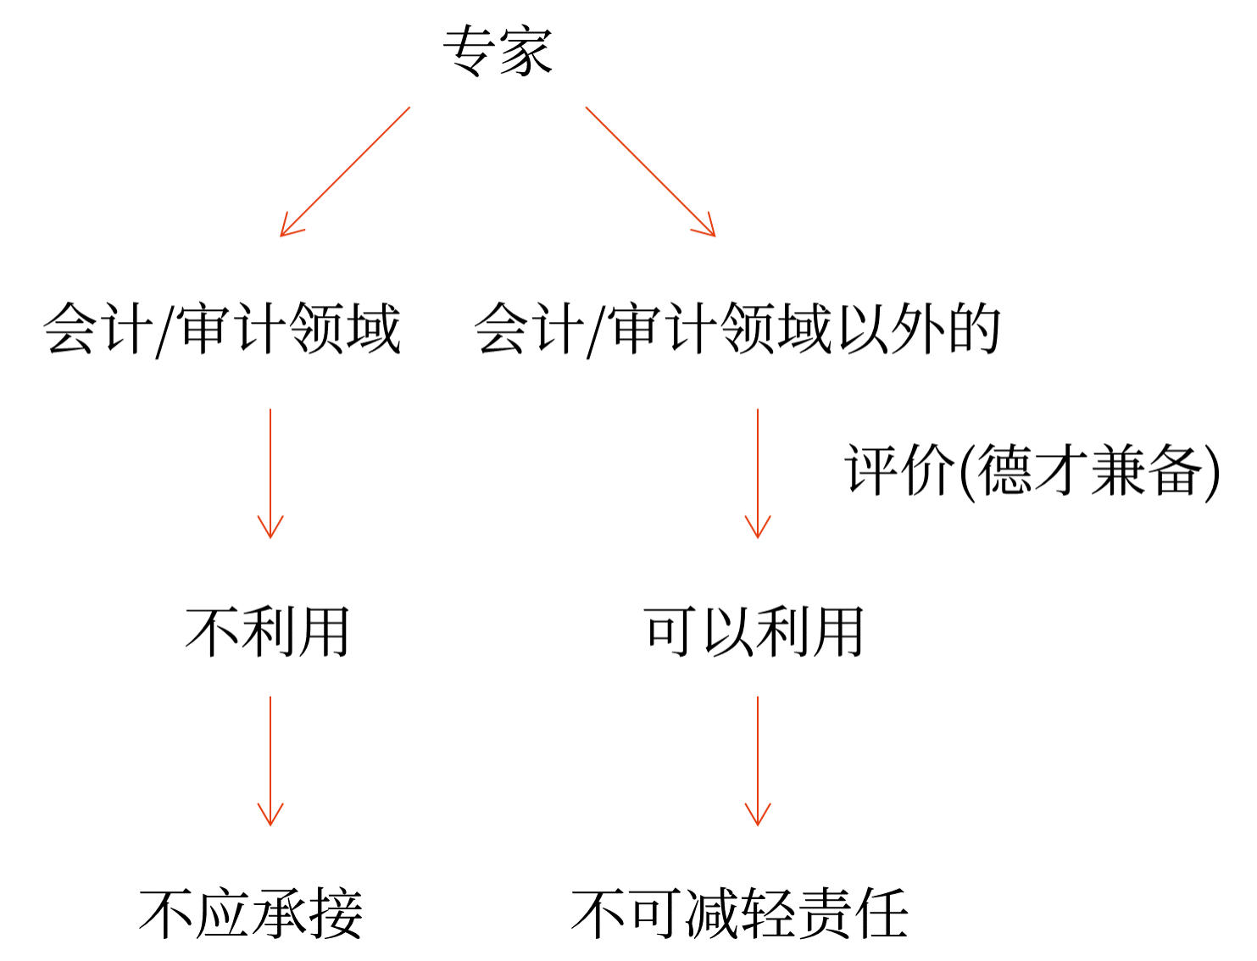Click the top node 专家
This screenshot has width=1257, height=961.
point(498,51)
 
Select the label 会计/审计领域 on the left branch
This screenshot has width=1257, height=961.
point(222,329)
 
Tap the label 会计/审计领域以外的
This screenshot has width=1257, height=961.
point(737,329)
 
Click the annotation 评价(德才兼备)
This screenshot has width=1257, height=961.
point(1032,470)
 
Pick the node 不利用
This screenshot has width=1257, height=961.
point(268,632)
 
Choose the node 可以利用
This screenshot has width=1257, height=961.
point(754,632)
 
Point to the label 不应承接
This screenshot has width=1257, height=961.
point(252,914)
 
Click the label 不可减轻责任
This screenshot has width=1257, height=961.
point(740,914)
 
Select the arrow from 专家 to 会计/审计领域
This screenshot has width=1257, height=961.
point(345,171)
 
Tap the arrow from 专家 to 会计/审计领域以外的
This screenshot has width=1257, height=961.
point(650,171)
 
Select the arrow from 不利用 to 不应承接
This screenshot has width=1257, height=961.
point(270,760)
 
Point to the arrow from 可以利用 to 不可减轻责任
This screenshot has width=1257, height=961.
point(758,760)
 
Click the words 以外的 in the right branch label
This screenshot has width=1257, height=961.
point(919,329)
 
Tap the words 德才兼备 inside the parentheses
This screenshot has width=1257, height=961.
point(1090,470)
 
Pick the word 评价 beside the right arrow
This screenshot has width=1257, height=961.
point(899,470)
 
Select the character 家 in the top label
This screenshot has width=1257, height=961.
point(526,51)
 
